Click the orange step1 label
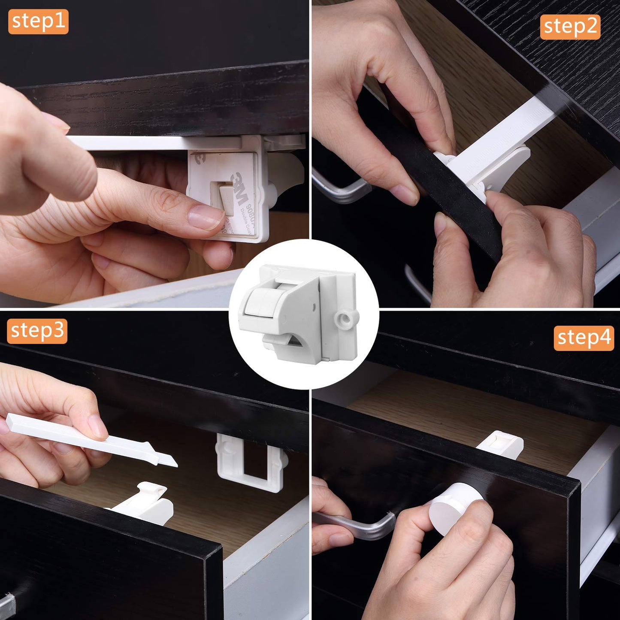coord(38,21)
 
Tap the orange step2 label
coord(570,27)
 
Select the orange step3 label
coord(37,331)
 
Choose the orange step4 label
coord(584,338)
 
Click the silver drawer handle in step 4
coord(356,523)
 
